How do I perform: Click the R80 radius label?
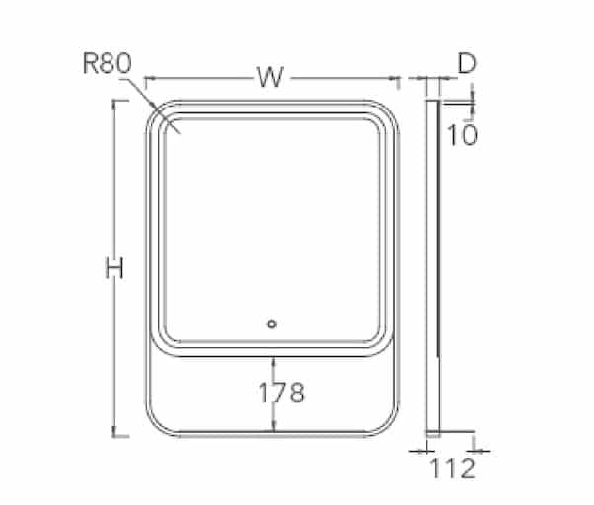click(x=108, y=63)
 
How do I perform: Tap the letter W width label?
click(x=270, y=77)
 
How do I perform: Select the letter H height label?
click(x=114, y=268)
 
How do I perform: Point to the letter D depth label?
click(x=467, y=63)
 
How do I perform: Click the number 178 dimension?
click(x=281, y=393)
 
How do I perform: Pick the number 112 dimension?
click(x=452, y=469)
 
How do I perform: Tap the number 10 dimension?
click(x=462, y=135)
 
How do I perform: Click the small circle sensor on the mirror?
click(x=272, y=325)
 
